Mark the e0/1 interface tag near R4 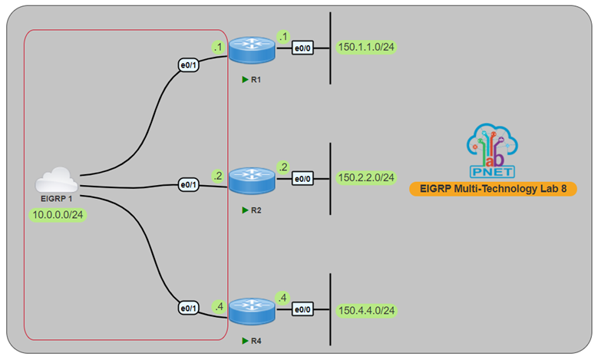pyautogui.click(x=188, y=309)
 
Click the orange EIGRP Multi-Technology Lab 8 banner pyautogui.click(x=492, y=188)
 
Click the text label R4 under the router pyautogui.click(x=256, y=339)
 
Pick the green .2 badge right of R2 pyautogui.click(x=283, y=167)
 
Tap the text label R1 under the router pyautogui.click(x=256, y=79)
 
